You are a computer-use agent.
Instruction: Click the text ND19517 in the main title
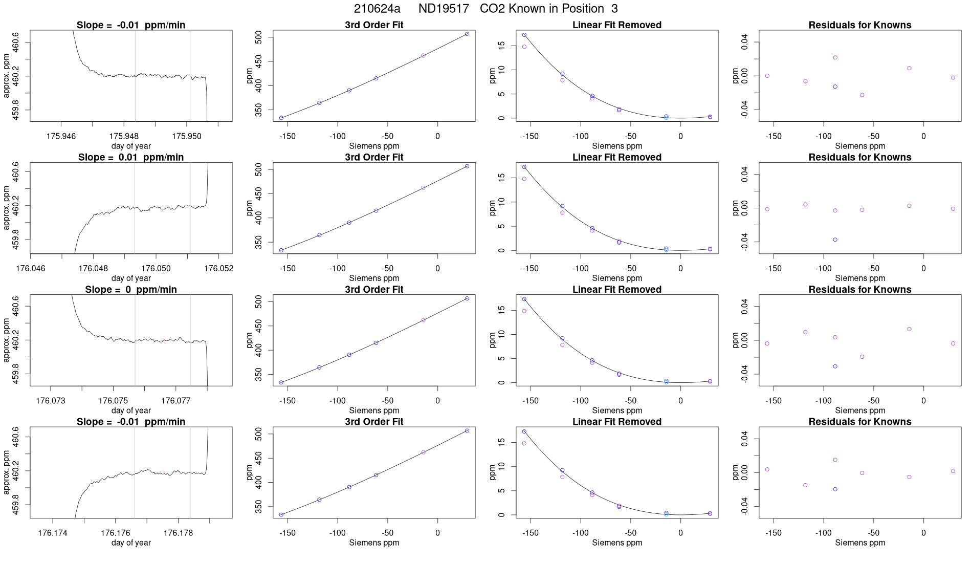coord(444,9)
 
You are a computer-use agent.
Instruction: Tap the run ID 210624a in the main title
coord(377,9)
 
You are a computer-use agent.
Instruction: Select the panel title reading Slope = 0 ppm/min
coord(131,290)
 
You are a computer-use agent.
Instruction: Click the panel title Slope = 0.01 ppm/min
coord(131,158)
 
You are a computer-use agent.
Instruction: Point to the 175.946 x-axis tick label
coord(61,136)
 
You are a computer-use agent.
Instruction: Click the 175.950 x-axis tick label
coord(187,136)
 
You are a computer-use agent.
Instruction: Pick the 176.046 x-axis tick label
coord(31,268)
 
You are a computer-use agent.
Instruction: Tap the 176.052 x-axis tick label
coord(218,268)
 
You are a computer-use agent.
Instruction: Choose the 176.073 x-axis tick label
coord(51,401)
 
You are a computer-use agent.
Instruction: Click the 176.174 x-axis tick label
coord(53,533)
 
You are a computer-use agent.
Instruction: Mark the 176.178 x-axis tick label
coord(178,533)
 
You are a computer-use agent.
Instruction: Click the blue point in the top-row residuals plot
coord(835,86)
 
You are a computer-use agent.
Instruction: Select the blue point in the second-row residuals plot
coord(835,240)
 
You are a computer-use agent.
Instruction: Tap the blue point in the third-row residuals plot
coord(835,366)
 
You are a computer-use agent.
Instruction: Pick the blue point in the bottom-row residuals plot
coord(835,489)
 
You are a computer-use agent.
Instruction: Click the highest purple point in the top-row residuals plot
coord(835,57)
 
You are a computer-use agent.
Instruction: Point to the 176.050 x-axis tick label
coord(156,268)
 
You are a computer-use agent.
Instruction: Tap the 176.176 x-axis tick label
coord(116,533)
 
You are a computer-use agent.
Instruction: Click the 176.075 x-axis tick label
coord(113,401)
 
